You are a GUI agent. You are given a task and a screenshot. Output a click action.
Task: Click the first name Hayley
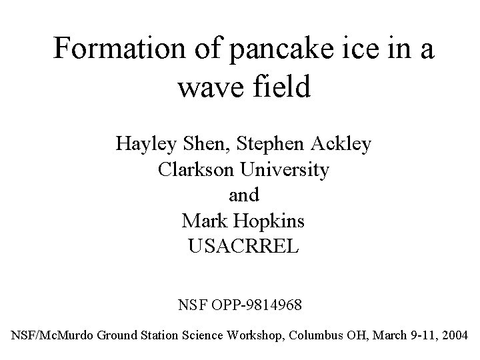(141, 144)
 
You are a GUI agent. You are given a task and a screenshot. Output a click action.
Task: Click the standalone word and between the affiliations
(243, 196)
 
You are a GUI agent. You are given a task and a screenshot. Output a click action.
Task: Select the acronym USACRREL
(244, 247)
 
